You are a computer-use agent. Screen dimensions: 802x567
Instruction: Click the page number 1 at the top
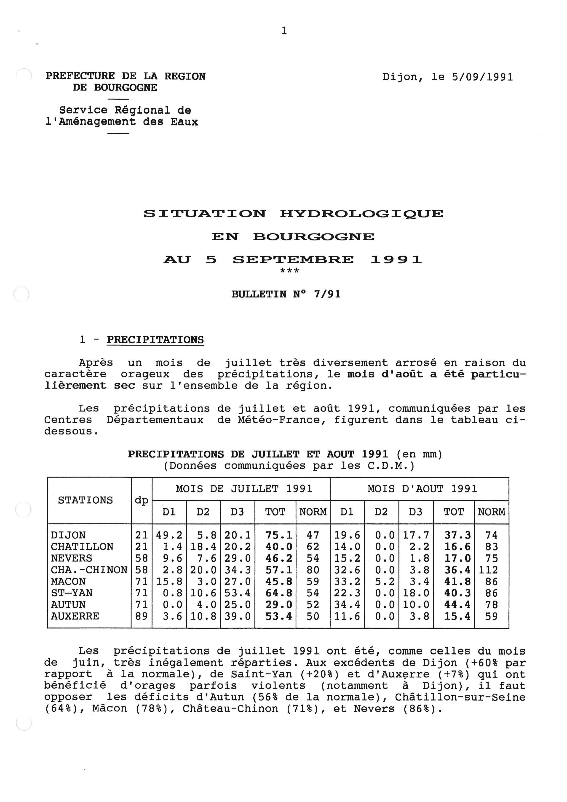click(x=284, y=31)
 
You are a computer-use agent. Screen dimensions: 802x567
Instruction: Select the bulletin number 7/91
click(x=327, y=294)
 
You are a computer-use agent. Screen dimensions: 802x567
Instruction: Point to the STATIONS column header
click(x=85, y=500)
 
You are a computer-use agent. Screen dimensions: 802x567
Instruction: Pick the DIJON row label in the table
click(x=68, y=535)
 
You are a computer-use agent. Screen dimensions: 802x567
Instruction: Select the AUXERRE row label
click(x=75, y=616)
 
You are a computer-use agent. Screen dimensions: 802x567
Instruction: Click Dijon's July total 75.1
click(x=279, y=535)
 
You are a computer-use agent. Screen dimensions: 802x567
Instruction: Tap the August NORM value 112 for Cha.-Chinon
click(x=488, y=570)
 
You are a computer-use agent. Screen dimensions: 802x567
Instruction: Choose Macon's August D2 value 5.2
click(x=385, y=581)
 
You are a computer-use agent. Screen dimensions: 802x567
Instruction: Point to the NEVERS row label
click(x=71, y=558)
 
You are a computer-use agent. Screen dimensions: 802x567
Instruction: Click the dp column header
click(x=141, y=500)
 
